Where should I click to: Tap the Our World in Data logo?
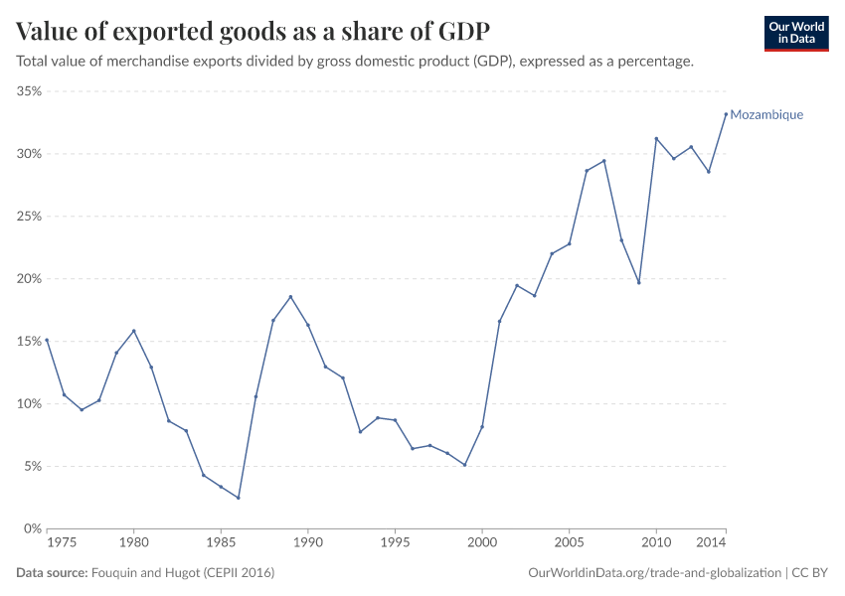(x=795, y=33)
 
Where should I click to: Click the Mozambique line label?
(x=765, y=115)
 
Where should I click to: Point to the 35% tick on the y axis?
(x=28, y=91)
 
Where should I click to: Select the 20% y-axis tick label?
(x=28, y=279)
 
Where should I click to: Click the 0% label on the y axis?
(x=31, y=528)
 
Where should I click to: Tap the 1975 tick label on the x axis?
(x=62, y=543)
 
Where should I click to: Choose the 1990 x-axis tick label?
(x=308, y=543)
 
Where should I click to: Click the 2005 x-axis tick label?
(x=569, y=543)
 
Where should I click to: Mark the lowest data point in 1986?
(x=239, y=498)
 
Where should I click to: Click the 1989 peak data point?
(x=290, y=296)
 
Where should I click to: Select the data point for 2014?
(x=726, y=113)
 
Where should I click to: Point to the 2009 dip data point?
(x=638, y=282)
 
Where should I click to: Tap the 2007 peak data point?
(x=603, y=161)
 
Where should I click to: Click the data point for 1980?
(x=134, y=331)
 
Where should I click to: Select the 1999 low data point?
(x=464, y=465)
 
